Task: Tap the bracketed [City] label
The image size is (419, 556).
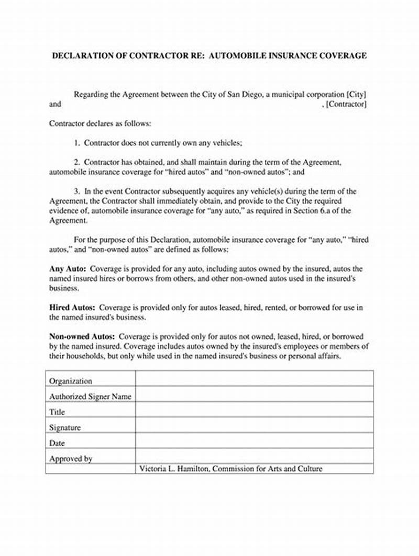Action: [356, 94]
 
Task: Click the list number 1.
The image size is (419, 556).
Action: [76, 142]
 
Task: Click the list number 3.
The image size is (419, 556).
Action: [76, 191]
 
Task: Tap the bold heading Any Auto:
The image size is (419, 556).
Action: [67, 268]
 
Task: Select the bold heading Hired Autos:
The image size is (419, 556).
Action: [72, 308]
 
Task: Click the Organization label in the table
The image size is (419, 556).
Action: [70, 381]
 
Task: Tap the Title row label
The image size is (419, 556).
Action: [57, 412]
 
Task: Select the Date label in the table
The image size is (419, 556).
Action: [57, 443]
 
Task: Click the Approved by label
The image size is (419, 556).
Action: [70, 458]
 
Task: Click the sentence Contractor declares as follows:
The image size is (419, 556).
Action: [100, 123]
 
